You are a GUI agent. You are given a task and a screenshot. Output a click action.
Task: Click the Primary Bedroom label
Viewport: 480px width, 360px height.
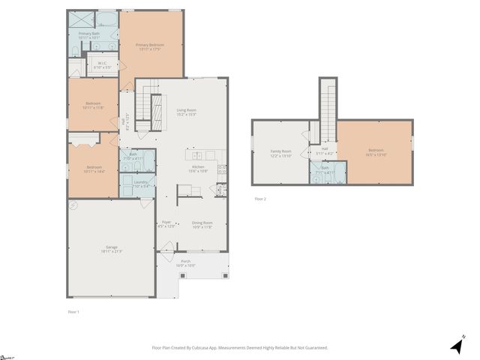(x=150, y=47)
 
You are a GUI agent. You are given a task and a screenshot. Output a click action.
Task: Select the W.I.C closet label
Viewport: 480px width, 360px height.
(x=103, y=65)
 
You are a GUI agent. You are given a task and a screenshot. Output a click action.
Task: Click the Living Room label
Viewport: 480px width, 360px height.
(x=186, y=112)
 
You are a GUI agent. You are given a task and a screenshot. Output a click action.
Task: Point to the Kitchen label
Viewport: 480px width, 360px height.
(x=198, y=169)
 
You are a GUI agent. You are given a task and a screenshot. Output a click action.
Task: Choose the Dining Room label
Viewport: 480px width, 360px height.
(x=202, y=224)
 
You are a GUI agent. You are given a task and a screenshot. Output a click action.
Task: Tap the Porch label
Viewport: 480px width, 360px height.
(x=185, y=263)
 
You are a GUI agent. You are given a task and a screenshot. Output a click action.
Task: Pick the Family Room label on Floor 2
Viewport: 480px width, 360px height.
(x=281, y=154)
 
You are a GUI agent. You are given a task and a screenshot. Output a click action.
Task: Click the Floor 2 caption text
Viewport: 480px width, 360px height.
(x=260, y=199)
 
